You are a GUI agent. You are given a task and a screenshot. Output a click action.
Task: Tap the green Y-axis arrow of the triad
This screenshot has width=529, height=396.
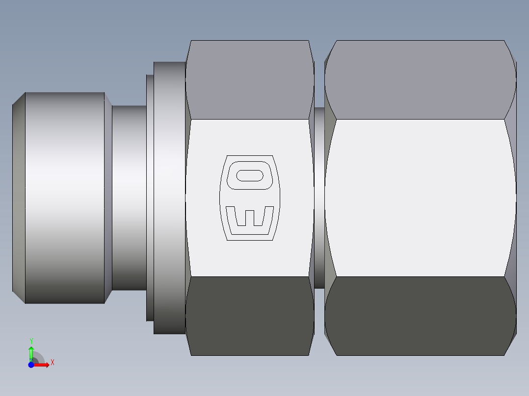[31, 352]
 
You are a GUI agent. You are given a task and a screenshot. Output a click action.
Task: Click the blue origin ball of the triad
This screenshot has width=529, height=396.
[31, 365]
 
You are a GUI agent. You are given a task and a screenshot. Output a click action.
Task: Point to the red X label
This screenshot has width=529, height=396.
[52, 363]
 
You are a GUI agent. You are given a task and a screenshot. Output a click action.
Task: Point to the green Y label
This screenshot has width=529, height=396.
[31, 341]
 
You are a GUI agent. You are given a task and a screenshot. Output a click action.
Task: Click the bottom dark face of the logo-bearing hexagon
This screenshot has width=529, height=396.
[250, 316]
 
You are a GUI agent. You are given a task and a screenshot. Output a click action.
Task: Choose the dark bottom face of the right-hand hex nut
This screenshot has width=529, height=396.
[420, 316]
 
